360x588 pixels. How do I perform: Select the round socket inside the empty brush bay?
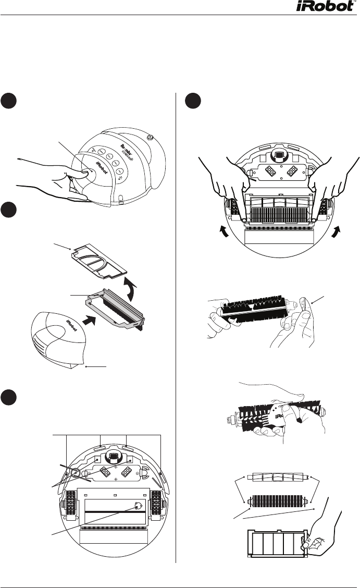pyautogui.click(x=137, y=505)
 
